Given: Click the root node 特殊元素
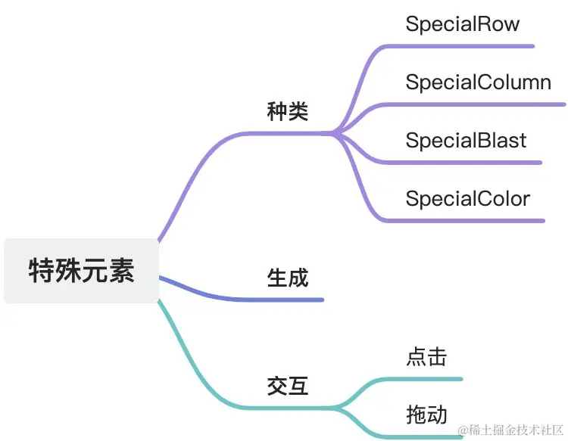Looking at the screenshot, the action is [81, 271].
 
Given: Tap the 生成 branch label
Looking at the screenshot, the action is [288, 278].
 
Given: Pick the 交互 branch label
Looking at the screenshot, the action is [288, 387].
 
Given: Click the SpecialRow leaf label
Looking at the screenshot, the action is [462, 23].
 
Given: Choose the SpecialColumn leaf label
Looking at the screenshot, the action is [478, 82].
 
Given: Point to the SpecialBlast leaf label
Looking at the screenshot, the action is [466, 140].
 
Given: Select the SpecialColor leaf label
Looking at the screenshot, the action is [467, 198].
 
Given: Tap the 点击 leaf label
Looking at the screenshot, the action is [426, 357].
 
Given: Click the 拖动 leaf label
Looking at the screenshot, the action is [426, 415].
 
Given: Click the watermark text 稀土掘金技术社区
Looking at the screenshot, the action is [512, 430].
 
